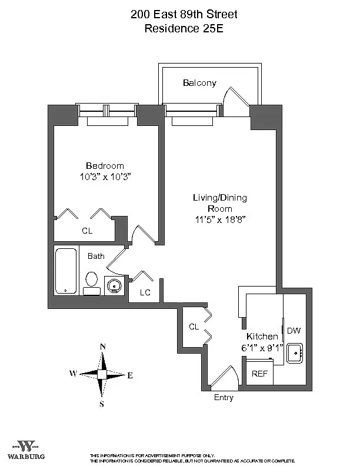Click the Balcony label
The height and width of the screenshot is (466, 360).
(199, 83)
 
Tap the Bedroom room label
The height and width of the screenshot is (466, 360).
(105, 166)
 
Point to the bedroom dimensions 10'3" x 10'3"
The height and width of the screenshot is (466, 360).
(105, 176)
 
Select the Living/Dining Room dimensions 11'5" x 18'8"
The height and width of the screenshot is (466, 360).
(220, 219)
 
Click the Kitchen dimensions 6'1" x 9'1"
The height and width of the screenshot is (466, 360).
(262, 347)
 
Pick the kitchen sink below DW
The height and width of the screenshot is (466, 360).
(294, 353)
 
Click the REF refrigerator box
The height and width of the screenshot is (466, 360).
(259, 374)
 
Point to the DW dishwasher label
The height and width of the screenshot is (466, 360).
(294, 330)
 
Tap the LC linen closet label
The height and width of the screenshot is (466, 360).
(145, 292)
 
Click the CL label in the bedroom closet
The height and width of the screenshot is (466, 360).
(87, 231)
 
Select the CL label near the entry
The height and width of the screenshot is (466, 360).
(194, 327)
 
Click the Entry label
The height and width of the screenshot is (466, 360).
(224, 398)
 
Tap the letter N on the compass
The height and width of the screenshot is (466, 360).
(102, 347)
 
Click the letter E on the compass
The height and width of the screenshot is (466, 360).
(130, 375)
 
